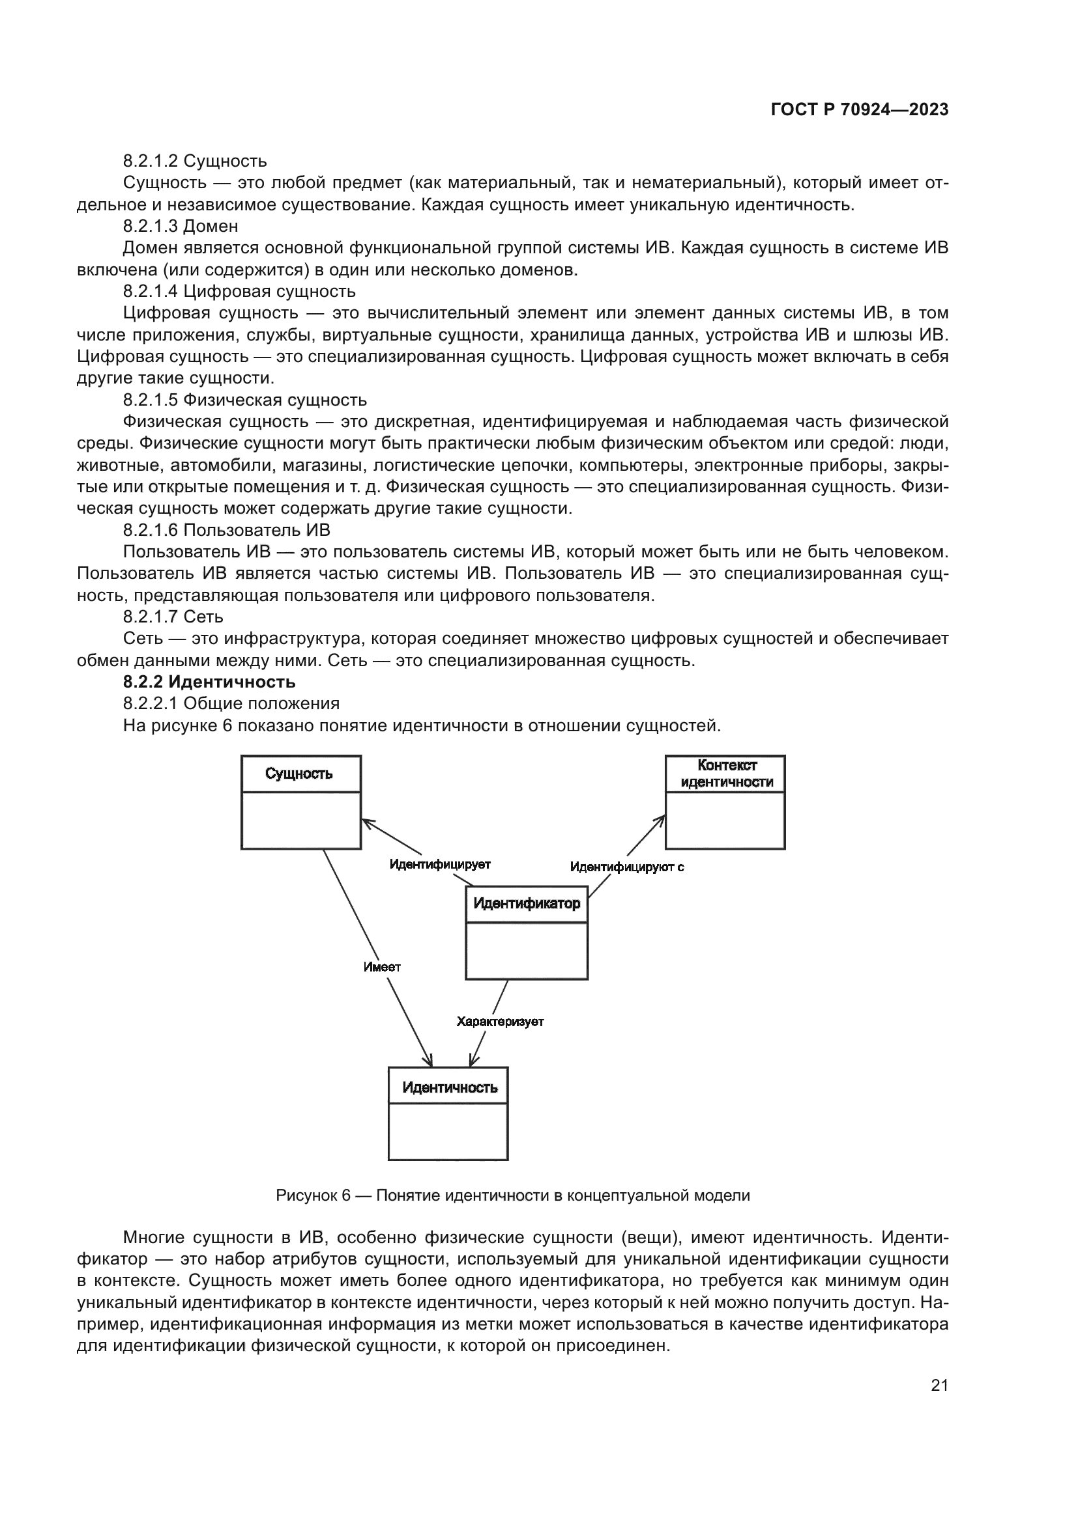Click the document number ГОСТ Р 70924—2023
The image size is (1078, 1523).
pos(860,110)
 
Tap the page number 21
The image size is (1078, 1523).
pos(939,1385)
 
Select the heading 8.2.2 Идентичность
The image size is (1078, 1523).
pos(209,682)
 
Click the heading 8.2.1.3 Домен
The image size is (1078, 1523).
pos(181,226)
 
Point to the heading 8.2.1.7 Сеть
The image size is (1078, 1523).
pos(173,617)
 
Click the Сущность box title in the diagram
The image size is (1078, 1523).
pos(299,774)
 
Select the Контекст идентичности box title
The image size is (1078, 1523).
pos(727,774)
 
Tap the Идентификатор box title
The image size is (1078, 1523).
pos(527,904)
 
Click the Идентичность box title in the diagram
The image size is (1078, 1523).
pos(450,1088)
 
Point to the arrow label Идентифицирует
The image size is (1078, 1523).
pos(439,864)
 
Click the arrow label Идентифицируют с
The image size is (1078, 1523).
pos(626,867)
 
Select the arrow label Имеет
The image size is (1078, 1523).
pos(382,967)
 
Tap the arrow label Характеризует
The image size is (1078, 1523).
pos(500,1022)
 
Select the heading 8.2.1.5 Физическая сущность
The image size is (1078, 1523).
pos(244,400)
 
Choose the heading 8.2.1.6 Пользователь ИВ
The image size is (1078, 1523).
pos(226,530)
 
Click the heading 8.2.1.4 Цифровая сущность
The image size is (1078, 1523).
pos(239,291)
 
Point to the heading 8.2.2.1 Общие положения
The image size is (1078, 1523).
pos(231,703)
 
